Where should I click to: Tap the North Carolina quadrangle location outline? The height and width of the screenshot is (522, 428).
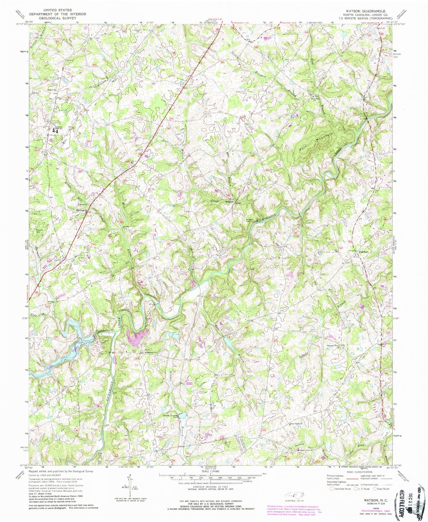(293, 494)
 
